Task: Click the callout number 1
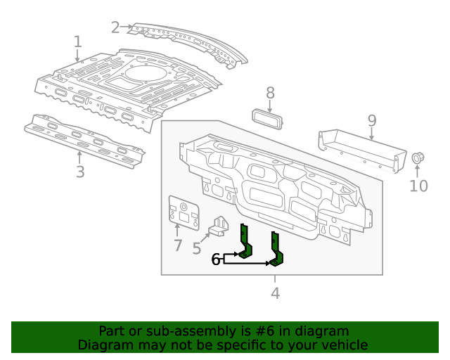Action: point(78,43)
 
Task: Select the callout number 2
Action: point(116,27)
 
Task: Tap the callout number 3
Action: point(80,172)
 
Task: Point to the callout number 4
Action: point(275,292)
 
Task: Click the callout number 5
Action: point(197,247)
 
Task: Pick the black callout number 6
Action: point(216,260)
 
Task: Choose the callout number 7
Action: point(177,246)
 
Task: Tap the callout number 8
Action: point(270,92)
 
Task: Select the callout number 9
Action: point(372,121)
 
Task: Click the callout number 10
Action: point(418,186)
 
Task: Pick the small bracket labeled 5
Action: point(221,226)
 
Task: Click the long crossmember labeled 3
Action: point(84,141)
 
